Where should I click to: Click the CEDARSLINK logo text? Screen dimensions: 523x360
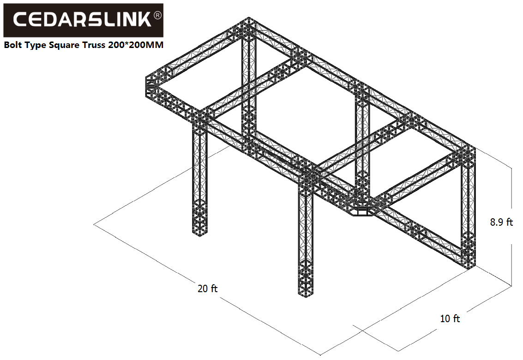pos(82,20)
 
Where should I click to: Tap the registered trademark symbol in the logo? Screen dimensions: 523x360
pos(157,15)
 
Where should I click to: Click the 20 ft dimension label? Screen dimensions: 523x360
pos(207,288)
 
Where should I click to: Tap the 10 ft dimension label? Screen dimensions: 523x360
pos(450,318)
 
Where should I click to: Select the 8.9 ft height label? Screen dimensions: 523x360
pos(501,222)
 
